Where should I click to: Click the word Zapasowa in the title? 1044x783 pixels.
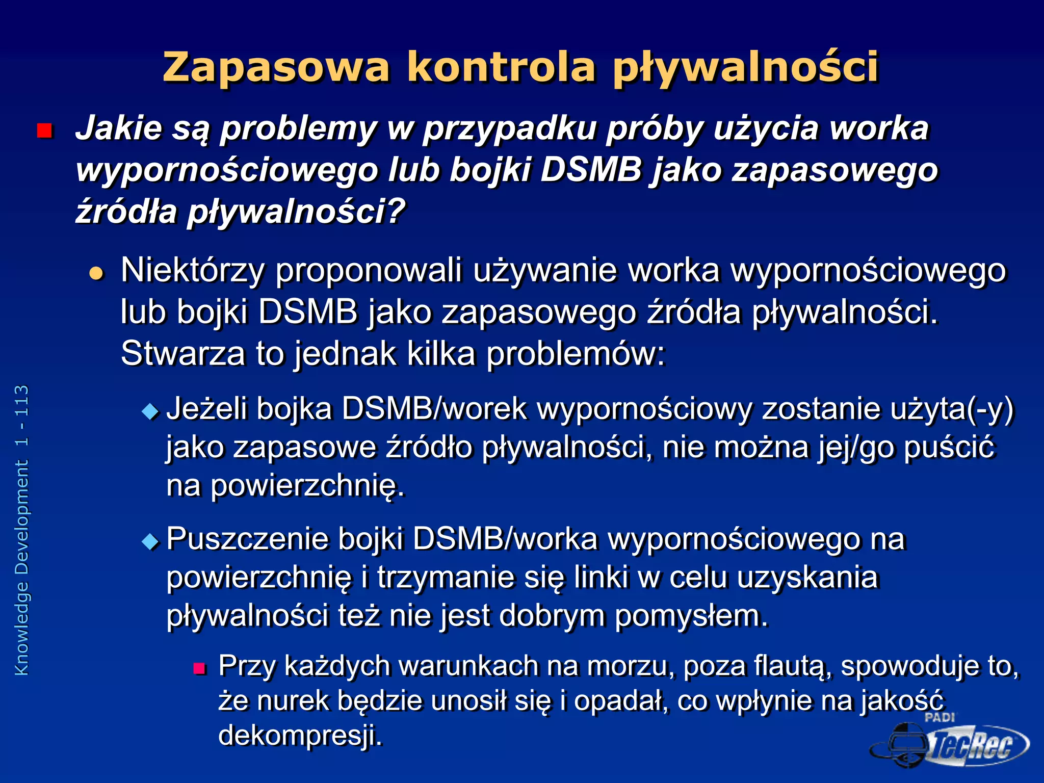(276, 67)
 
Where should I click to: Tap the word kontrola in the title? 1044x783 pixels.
(501, 67)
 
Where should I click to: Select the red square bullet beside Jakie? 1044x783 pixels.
(45, 131)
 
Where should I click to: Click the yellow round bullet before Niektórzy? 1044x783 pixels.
(96, 273)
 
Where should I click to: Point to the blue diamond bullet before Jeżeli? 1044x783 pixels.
(150, 411)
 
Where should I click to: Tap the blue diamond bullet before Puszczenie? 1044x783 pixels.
(150, 541)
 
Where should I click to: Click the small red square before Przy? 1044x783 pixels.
(199, 668)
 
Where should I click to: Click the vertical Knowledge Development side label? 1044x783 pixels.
(21, 530)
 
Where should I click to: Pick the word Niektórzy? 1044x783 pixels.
(192, 270)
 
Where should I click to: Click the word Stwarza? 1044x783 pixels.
(182, 353)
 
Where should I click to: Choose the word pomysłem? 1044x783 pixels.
(691, 616)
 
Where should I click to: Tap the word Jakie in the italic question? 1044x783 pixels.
(118, 127)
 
